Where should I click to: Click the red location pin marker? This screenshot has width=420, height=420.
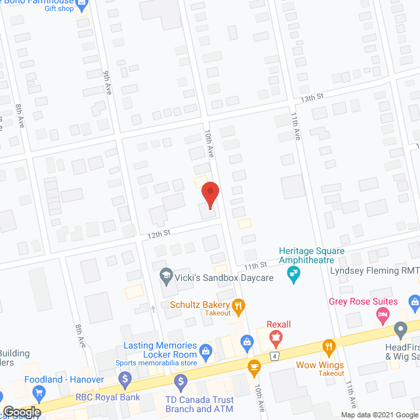209,195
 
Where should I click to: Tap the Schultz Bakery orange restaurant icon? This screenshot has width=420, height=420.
239,305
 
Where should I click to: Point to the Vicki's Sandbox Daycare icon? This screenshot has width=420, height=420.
166,277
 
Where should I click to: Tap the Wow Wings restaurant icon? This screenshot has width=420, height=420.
329,346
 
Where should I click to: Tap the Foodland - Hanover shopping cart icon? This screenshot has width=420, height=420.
39,394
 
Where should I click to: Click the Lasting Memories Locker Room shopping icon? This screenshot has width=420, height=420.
205,351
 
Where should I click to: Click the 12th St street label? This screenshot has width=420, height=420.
158,233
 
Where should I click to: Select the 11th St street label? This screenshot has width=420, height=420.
257,266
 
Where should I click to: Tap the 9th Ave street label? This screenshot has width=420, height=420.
108,83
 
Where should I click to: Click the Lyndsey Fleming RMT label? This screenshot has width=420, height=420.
375,270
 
